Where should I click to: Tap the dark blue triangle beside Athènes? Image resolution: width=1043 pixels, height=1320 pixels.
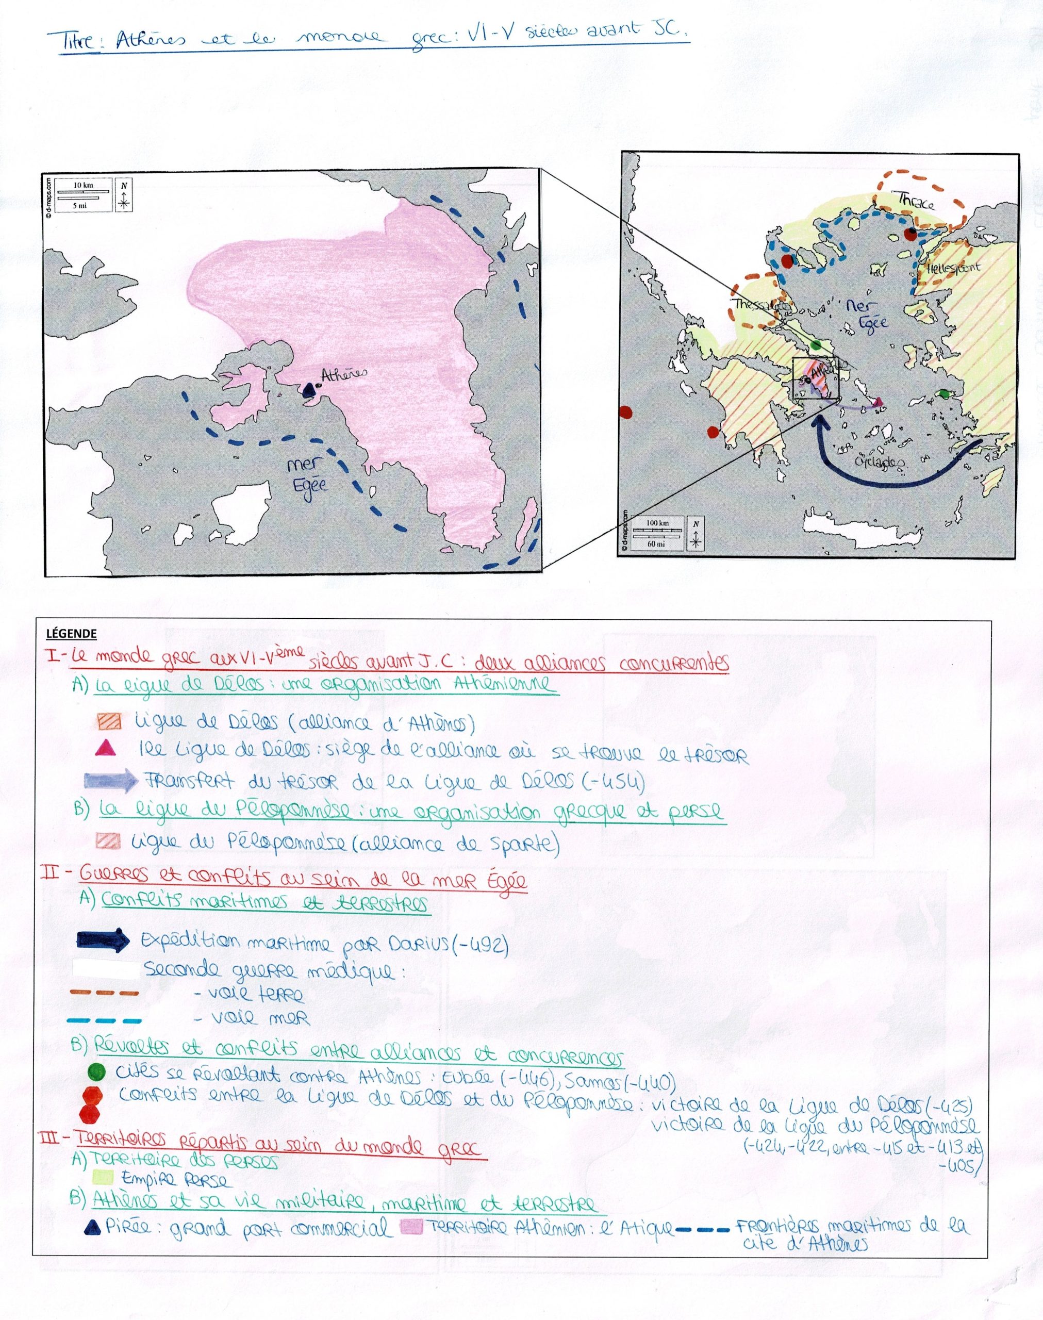[309, 389]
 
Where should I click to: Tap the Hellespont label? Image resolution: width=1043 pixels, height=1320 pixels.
[953, 268]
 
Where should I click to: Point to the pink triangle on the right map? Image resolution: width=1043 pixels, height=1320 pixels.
[878, 402]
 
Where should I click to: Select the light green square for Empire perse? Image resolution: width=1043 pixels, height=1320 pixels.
[103, 1175]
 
